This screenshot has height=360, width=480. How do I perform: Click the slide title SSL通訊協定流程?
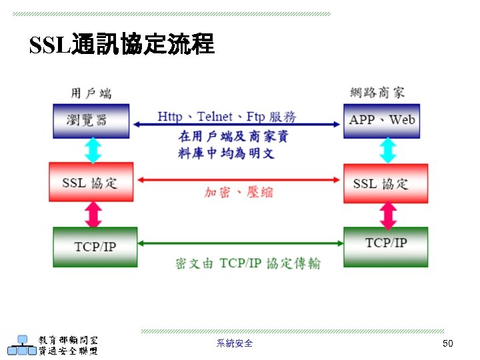tap(122, 45)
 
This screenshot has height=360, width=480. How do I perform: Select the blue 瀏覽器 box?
tap(91, 121)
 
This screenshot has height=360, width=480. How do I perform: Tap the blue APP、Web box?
tap(382, 121)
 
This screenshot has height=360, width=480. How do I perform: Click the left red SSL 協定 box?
tap(91, 182)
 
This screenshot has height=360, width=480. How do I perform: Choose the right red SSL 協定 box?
tap(385, 183)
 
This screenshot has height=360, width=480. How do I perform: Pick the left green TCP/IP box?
tap(95, 247)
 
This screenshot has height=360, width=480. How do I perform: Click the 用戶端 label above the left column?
tap(91, 93)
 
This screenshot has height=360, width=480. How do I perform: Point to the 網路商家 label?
tap(377, 92)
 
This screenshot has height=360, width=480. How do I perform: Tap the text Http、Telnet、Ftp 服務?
tap(227, 117)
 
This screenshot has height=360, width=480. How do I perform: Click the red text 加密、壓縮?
tap(238, 192)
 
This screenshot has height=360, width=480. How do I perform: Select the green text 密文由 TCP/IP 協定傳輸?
tap(247, 263)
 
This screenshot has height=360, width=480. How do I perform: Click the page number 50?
tap(447, 343)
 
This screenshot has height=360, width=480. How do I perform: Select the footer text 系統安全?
tap(235, 343)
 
